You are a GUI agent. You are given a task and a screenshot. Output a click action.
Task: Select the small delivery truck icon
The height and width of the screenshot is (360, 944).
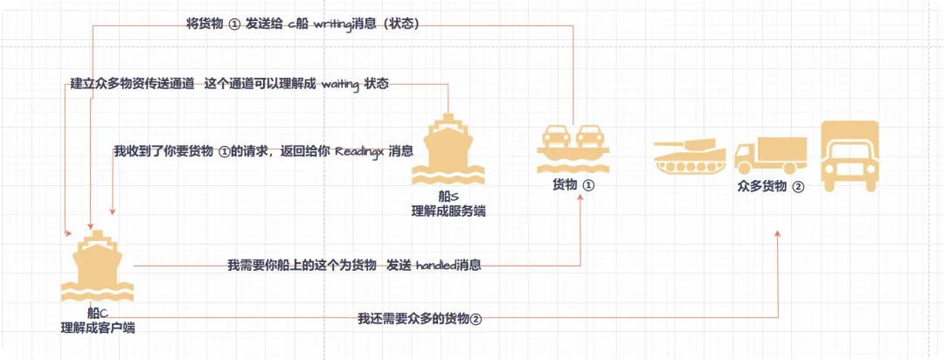pos(769,156)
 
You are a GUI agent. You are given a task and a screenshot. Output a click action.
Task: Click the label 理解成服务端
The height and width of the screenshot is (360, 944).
pos(448,211)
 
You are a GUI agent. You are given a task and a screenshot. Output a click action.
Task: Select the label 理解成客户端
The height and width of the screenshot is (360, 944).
pos(97,328)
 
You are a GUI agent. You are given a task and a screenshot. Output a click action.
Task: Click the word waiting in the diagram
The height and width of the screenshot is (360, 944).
pos(343,85)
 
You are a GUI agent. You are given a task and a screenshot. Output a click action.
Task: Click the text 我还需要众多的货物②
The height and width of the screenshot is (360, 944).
pos(420,318)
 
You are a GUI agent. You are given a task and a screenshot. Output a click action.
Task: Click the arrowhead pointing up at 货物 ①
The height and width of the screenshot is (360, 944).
pos(581,200)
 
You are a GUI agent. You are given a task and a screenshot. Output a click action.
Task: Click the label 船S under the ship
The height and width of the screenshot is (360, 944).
pos(448,197)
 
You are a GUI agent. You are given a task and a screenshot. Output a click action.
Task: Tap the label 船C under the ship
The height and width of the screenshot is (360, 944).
pos(97,313)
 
